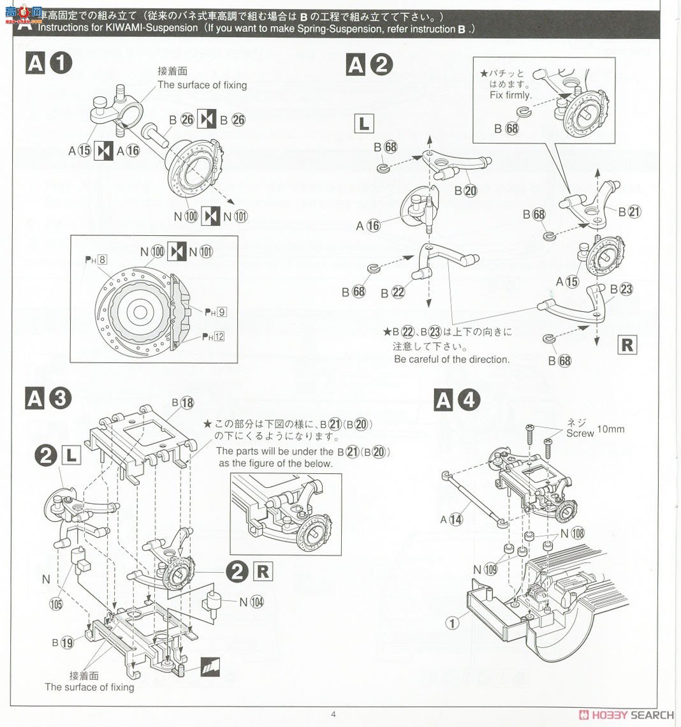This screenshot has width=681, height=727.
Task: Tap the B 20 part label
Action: (x=465, y=191)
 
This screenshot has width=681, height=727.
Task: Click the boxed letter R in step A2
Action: (x=627, y=345)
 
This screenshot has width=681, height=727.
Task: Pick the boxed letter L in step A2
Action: (x=363, y=124)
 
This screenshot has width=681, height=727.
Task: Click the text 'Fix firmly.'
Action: (x=510, y=95)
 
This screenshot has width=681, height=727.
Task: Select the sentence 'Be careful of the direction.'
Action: (x=451, y=359)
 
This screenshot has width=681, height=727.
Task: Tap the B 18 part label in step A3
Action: (x=182, y=403)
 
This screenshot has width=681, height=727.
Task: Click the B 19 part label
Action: (x=62, y=643)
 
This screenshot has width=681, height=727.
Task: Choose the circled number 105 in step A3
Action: (x=57, y=604)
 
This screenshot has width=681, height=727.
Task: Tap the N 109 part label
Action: (x=485, y=569)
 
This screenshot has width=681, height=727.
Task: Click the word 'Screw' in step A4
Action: (x=580, y=434)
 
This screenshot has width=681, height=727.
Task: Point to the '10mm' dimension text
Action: (x=610, y=429)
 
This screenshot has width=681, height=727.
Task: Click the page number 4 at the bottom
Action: (x=333, y=714)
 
